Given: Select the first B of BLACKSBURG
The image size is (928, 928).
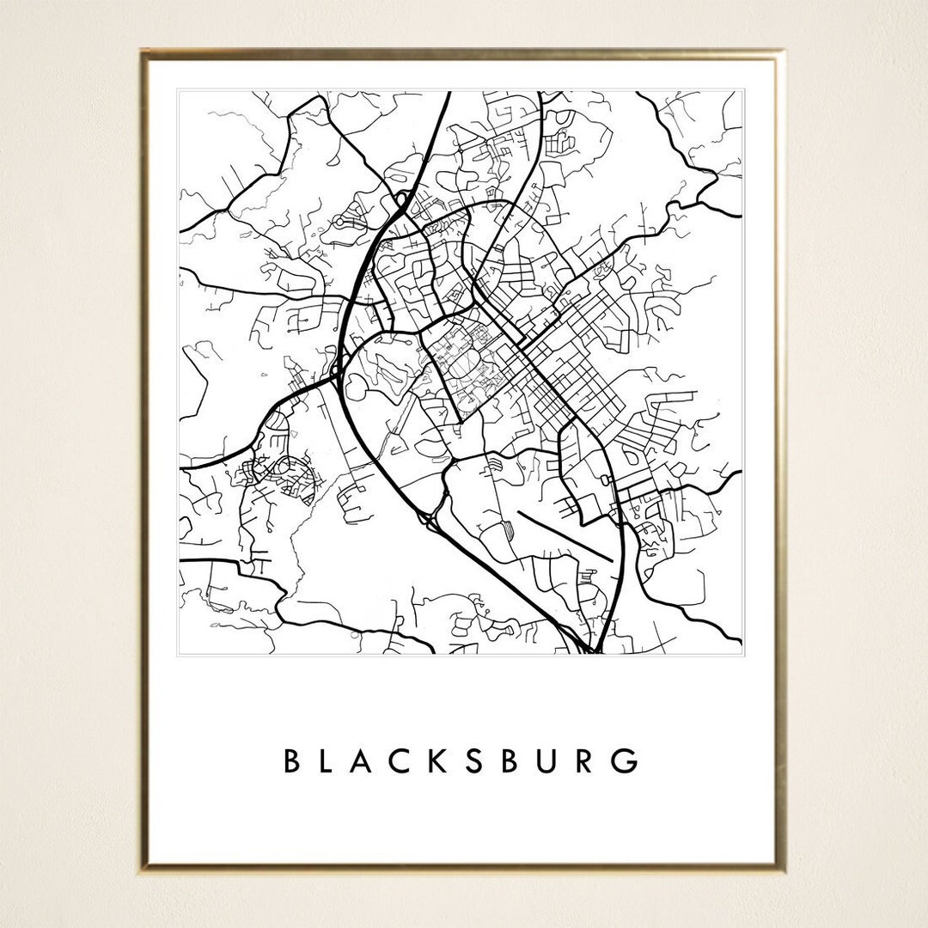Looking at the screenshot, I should click(291, 761).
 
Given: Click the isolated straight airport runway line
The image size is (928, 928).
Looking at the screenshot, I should click(563, 537).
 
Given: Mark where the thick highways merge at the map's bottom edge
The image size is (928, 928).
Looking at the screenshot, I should click(591, 649).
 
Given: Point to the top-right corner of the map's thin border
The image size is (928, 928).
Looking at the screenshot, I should click(743, 89).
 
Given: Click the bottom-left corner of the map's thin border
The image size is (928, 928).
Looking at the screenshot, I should click(178, 655).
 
